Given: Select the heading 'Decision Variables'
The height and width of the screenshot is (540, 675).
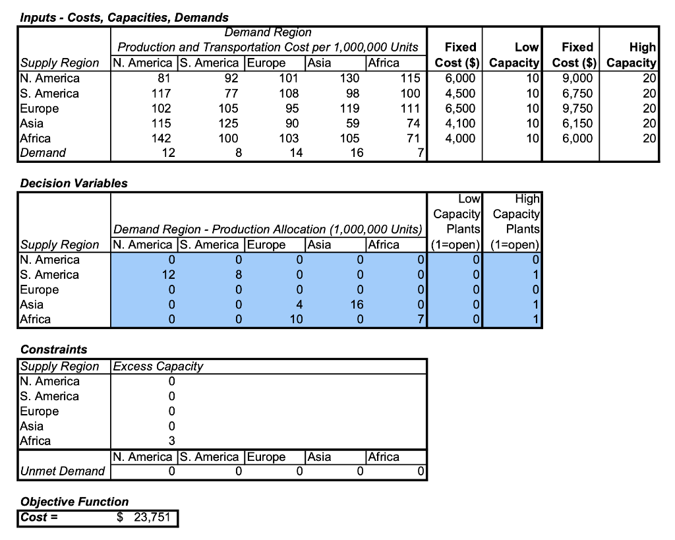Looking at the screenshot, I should pyautogui.click(x=74, y=183).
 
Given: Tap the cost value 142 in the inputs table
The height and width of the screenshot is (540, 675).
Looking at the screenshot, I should pyautogui.click(x=161, y=138).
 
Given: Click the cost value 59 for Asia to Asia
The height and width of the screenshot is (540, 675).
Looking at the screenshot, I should pyautogui.click(x=353, y=123).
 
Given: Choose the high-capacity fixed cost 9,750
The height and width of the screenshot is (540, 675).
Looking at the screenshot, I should pyautogui.click(x=577, y=108).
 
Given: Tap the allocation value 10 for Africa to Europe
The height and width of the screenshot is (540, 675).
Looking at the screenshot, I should pyautogui.click(x=296, y=320).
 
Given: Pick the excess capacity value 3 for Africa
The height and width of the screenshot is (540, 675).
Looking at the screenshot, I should pyautogui.click(x=171, y=441).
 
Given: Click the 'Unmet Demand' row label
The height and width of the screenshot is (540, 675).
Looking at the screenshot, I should pyautogui.click(x=63, y=471).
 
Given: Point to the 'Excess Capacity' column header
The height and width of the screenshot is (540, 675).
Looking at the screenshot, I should pyautogui.click(x=158, y=367).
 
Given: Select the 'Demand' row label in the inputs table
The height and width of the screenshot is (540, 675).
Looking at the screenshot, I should pyautogui.click(x=44, y=153).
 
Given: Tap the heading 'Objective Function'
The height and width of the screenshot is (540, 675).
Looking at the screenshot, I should pyautogui.click(x=74, y=502).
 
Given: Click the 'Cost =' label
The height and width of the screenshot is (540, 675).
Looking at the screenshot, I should pyautogui.click(x=39, y=518).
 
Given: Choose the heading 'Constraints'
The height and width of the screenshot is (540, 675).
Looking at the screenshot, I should pyautogui.click(x=54, y=349).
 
